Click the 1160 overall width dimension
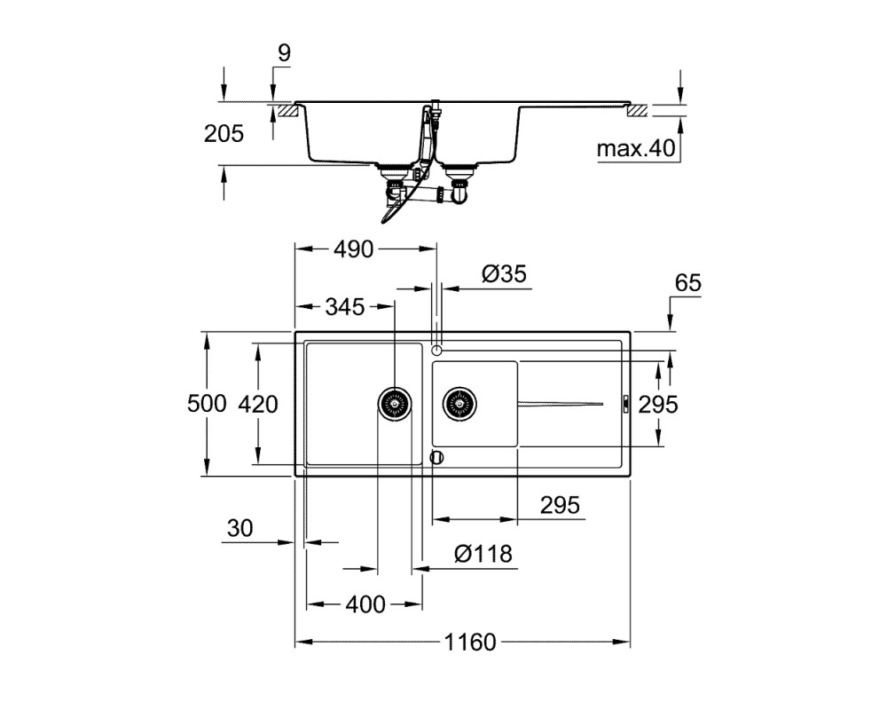pyautogui.click(x=469, y=642)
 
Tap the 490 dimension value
pyautogui.click(x=354, y=249)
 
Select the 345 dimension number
pyautogui.click(x=345, y=307)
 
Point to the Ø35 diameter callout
pyautogui.click(x=504, y=274)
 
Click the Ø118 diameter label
pyautogui.click(x=483, y=554)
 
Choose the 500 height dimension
pyautogui.click(x=207, y=404)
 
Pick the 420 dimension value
pyautogui.click(x=258, y=405)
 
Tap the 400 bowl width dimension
pyautogui.click(x=365, y=604)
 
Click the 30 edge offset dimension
pyautogui.click(x=239, y=528)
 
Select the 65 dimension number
pyautogui.click(x=688, y=282)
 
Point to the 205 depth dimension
pyautogui.click(x=224, y=134)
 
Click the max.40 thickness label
pyautogui.click(x=636, y=148)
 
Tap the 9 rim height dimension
pyautogui.click(x=284, y=52)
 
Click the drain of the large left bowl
pyautogui.click(x=395, y=404)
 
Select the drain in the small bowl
pyautogui.click(x=459, y=404)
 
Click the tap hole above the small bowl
pyautogui.click(x=436, y=351)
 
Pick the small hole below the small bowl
pyautogui.click(x=437, y=457)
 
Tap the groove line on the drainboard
pyautogui.click(x=560, y=404)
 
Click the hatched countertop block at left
pyautogui.click(x=287, y=110)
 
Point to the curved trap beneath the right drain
pyautogui.click(x=459, y=193)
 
